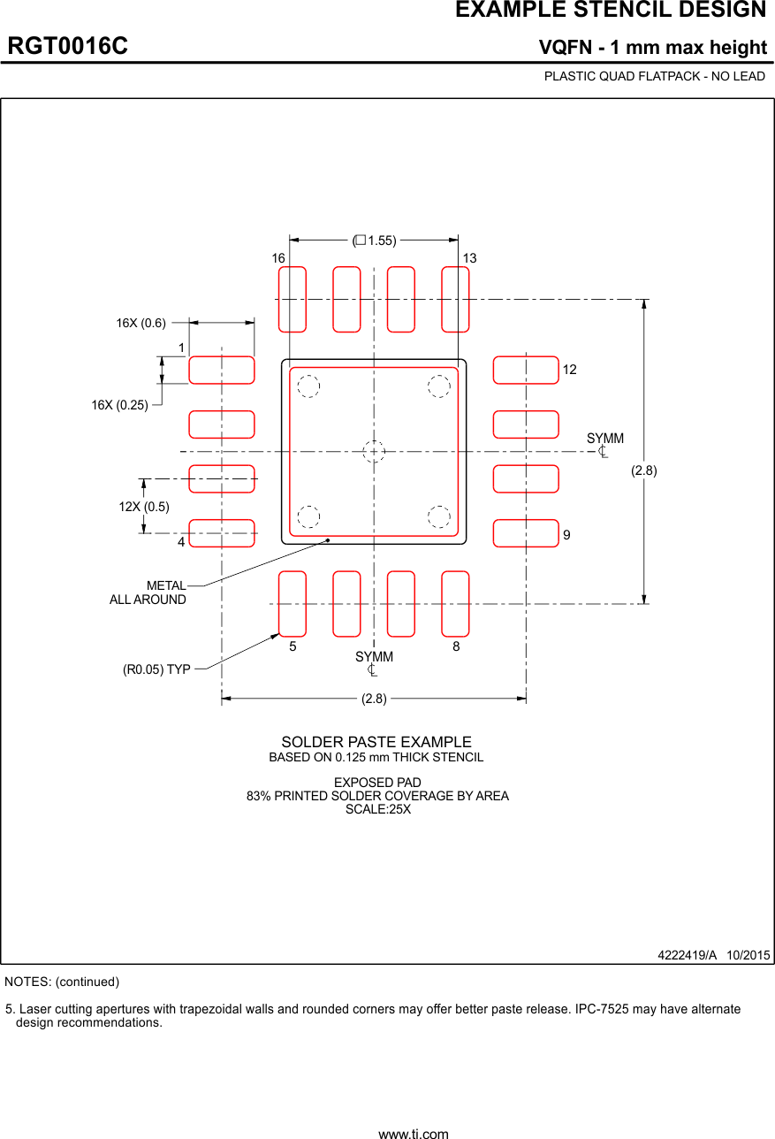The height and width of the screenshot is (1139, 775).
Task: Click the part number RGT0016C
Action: pos(68,46)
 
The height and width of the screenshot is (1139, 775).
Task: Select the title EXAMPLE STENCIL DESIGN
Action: pos(611,11)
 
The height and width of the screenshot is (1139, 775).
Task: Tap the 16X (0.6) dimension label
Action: pos(141,323)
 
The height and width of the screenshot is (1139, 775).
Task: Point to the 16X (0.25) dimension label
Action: pos(119,405)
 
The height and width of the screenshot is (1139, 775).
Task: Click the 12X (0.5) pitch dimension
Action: pos(144,507)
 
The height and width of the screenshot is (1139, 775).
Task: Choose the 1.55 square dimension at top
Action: pos(375,241)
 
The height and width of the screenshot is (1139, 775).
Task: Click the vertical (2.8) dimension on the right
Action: pos(643,471)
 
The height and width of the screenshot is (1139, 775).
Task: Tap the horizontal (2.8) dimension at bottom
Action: pos(374,699)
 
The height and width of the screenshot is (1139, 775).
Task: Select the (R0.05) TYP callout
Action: pos(156,669)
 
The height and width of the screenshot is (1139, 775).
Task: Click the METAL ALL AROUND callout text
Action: pos(148,592)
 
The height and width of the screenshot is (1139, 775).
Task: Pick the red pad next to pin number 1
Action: pos(222,370)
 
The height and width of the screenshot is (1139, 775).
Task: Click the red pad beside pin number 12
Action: pos(526,370)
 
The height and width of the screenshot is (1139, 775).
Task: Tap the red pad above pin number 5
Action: pos(293,604)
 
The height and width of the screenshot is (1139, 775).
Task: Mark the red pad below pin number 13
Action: pos(455,299)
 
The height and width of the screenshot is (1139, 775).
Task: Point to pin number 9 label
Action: pos(566,535)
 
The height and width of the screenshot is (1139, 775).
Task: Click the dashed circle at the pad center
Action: pos(374,451)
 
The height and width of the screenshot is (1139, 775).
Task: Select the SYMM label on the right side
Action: pos(605,440)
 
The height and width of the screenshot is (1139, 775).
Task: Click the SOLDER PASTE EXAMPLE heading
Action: pos(376,742)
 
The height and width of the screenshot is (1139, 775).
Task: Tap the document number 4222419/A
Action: pos(687,955)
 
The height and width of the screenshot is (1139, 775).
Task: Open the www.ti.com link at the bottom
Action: pos(414,1133)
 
